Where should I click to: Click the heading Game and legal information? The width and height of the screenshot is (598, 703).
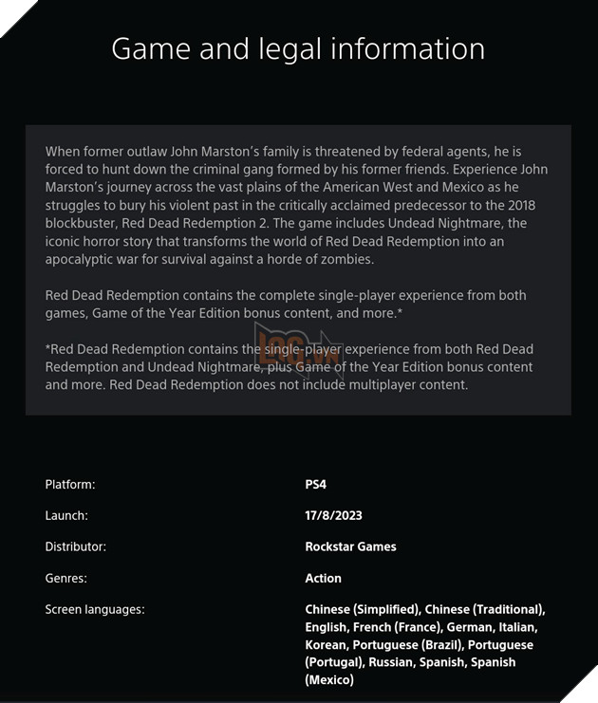[298, 48]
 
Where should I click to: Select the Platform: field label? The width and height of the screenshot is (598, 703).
[70, 485]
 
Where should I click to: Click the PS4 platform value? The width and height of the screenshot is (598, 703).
[316, 485]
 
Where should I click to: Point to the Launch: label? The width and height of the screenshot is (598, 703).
[66, 516]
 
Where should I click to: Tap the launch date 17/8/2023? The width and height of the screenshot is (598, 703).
[333, 516]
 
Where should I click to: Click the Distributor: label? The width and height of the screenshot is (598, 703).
[76, 546]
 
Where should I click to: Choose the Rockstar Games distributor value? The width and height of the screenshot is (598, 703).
[350, 546]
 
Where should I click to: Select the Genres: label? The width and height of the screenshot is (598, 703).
[66, 578]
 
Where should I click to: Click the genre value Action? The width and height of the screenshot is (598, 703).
[323, 578]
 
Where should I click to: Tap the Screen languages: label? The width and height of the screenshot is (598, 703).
[95, 609]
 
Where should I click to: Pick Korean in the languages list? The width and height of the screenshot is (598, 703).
[326, 645]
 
